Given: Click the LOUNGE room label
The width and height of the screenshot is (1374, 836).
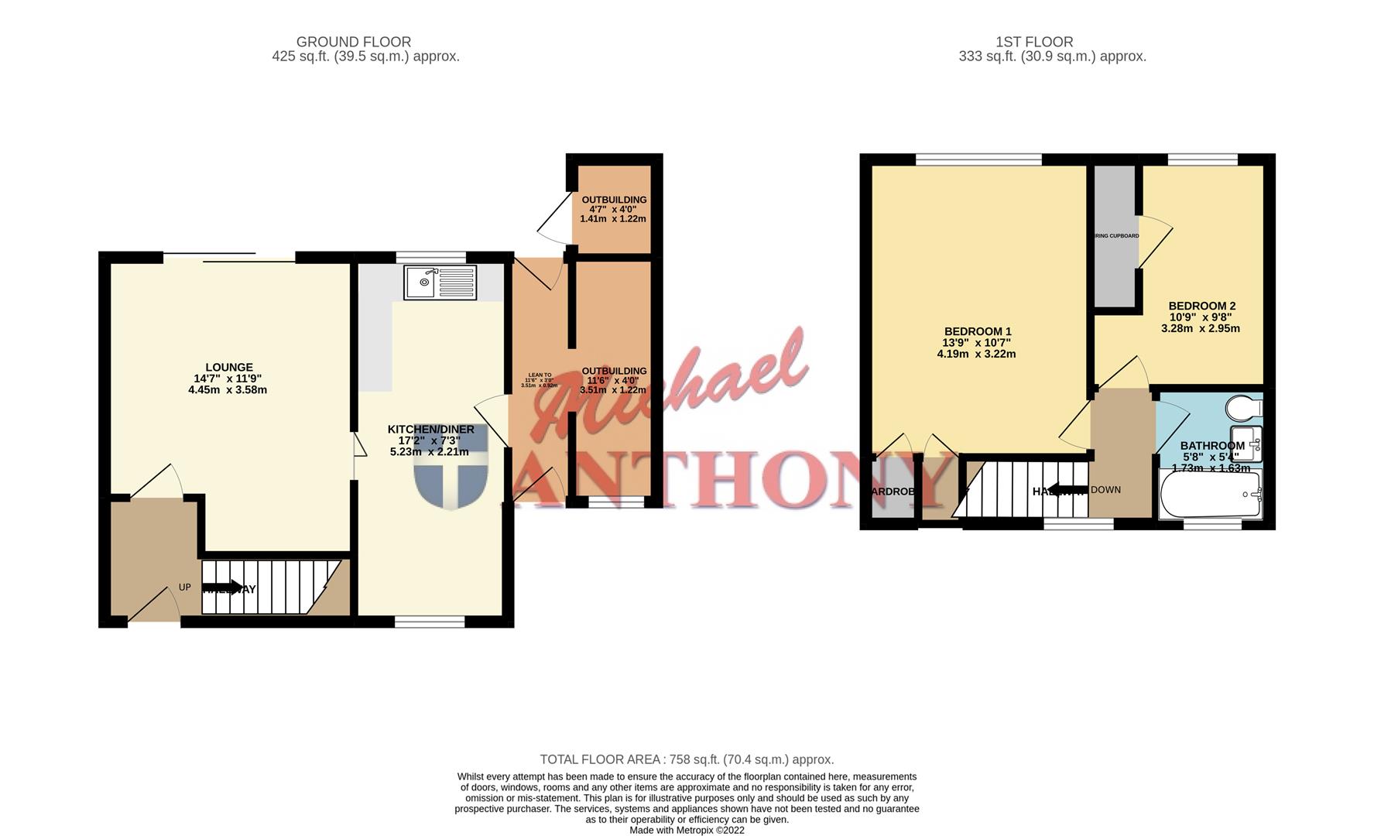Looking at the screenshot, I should tap(228, 368).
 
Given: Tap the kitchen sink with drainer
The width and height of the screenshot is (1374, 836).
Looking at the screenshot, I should tap(440, 283).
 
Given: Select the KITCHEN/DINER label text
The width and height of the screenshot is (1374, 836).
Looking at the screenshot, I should tap(430, 430).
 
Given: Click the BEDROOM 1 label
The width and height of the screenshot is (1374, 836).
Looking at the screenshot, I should tap(977, 331).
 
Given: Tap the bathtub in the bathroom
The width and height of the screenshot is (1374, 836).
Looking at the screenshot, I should tap(1209, 494).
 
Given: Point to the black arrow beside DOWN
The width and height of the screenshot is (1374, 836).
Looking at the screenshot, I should tap(1069, 490).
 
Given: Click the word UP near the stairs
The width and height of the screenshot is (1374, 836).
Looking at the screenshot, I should tap(184, 588).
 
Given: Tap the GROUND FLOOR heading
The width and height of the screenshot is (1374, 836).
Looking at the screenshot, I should tap(354, 42).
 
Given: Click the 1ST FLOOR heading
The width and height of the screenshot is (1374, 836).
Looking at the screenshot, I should tap(1034, 42).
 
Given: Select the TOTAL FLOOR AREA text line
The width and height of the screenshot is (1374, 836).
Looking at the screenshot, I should tap(687, 759).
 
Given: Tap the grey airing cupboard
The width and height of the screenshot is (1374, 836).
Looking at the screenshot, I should tap(1115, 235).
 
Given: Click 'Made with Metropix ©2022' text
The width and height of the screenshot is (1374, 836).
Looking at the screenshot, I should tap(687, 830).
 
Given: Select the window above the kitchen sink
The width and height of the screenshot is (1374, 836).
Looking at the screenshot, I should tap(430, 256).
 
